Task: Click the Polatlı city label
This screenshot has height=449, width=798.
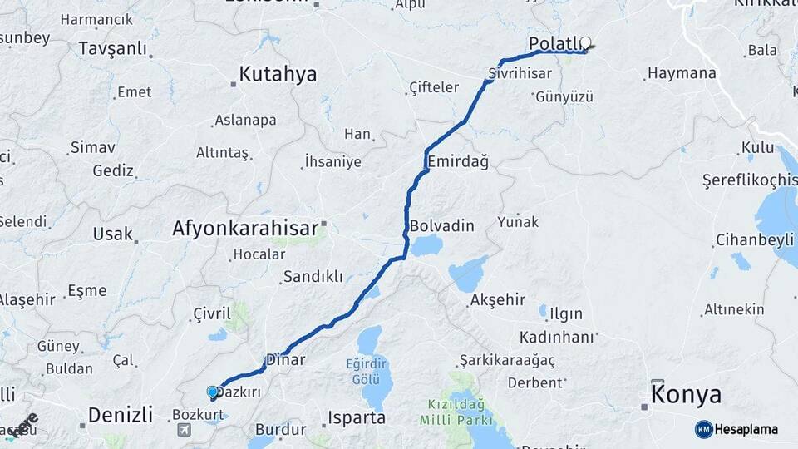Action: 554,42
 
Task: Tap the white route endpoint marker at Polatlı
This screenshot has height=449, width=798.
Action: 586,42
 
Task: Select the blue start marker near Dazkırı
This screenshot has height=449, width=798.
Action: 213,392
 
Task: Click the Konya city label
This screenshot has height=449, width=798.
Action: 686,395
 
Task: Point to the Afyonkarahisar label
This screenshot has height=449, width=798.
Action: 245,228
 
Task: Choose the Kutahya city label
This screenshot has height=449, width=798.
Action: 278,74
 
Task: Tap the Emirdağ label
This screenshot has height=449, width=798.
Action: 457,160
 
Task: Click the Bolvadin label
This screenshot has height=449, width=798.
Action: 441,225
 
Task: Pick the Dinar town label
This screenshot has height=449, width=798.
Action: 285,360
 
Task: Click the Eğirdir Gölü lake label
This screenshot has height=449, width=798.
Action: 367,371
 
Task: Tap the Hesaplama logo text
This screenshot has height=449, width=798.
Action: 746,429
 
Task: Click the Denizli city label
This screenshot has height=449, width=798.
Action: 121,414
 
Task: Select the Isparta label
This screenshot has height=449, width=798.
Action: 357,417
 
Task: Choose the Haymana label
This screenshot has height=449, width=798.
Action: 682,73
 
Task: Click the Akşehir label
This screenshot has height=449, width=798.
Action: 498,299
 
